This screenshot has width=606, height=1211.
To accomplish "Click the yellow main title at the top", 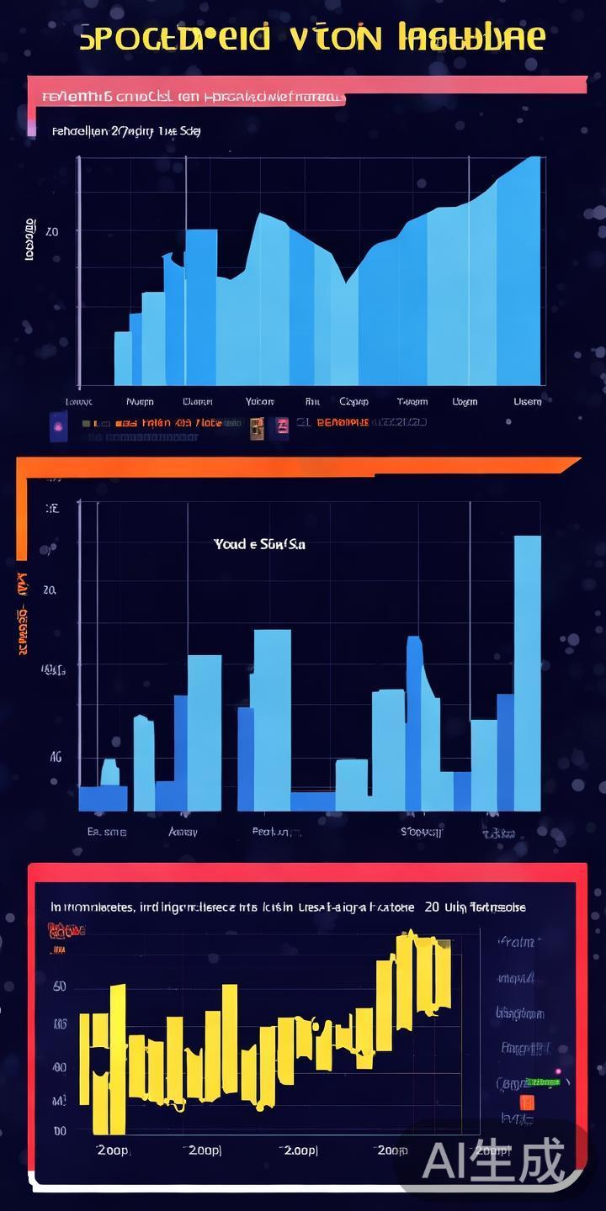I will coord(311,39).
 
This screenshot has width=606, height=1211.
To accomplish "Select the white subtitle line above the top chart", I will coord(126,131).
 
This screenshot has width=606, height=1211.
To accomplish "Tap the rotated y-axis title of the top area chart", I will coord(30,240).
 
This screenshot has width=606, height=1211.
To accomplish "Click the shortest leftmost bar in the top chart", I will coord(122,358).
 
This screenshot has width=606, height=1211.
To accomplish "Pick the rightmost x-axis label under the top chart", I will coord(528,402).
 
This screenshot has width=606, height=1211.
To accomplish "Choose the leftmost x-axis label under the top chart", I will coord(79,402).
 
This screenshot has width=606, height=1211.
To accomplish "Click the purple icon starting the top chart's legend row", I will coord(59,426).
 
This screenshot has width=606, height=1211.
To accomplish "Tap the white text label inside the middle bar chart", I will coord(259,544).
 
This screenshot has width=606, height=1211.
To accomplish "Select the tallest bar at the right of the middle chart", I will coord(528,673).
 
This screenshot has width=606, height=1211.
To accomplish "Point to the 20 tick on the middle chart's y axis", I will coord(49,590).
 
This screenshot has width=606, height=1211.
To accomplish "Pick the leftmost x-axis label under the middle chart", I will coord(107,832).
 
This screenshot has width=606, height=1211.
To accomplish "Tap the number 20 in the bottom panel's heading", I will coord(432,907).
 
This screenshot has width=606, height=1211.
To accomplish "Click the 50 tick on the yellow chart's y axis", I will coord(60,986).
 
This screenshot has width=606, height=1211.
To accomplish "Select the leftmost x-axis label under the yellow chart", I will coord(113,1150).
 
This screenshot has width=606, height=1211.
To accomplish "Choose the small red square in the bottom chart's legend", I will coord(527,1102).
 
